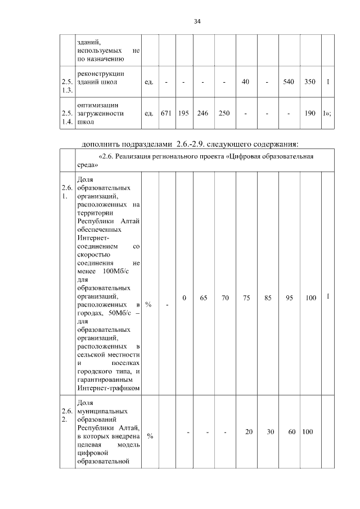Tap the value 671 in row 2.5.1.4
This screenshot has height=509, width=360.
(166, 113)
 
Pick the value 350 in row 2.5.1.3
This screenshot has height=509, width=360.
(309, 82)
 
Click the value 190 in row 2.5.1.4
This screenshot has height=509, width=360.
(309, 113)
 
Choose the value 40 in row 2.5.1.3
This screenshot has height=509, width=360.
(246, 82)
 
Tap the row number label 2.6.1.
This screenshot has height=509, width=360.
(67, 192)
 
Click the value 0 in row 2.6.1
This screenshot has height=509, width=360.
(184, 298)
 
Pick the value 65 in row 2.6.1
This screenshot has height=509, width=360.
(204, 298)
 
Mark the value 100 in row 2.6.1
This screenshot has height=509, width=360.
(310, 298)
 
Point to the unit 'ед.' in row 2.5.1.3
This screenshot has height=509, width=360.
(149, 82)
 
